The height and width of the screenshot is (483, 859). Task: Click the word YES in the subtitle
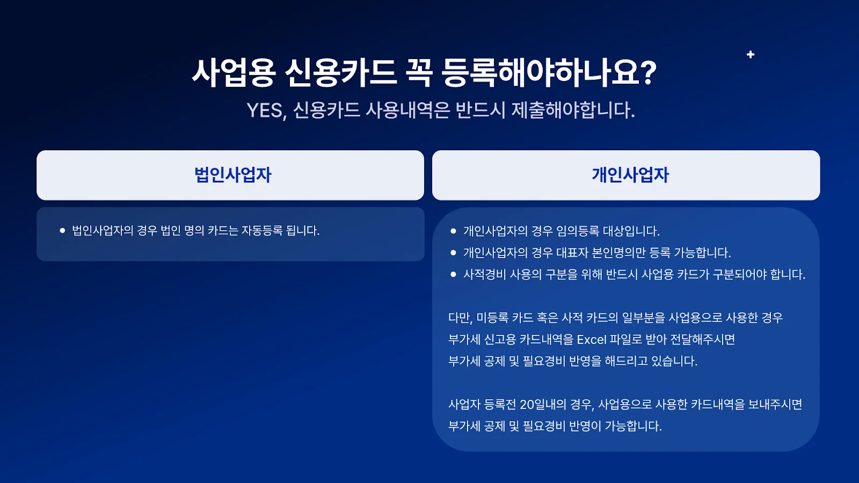click(266, 111)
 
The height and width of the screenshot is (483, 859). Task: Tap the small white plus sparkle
click(751, 54)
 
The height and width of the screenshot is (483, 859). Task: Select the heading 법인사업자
click(232, 175)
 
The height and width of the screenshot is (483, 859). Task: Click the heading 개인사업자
click(630, 175)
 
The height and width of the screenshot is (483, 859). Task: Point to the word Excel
click(591, 340)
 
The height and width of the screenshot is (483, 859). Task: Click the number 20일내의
click(543, 404)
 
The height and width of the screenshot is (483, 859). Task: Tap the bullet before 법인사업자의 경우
click(62, 231)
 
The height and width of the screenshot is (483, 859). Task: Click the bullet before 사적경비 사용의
click(453, 274)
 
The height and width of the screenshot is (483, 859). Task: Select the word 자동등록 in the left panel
click(261, 231)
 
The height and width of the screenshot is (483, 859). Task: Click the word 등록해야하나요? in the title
click(549, 72)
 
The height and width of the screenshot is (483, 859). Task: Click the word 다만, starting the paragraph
click(460, 318)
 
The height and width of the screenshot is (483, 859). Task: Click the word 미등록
click(492, 318)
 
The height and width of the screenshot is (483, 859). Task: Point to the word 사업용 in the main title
click(234, 72)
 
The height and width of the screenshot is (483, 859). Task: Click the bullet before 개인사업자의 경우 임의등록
click(453, 231)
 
